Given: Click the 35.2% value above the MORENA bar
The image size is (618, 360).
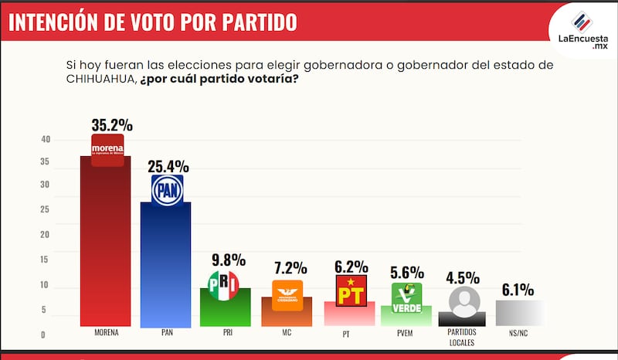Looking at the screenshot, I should point(111,124).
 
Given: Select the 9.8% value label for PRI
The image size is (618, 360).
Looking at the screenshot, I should point(228,260).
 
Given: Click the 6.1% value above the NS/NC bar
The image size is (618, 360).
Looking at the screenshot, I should point(518,290).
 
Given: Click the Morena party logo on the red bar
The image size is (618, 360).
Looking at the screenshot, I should point(107,149).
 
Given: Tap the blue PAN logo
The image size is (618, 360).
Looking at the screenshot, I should point(167,189).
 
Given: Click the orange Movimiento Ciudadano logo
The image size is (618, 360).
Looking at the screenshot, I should point(287,294).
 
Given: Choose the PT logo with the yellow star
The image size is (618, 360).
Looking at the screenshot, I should point(349,291).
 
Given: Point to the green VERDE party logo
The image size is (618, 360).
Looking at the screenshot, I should point(406,297).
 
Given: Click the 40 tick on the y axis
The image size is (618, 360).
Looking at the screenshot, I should point(46,140).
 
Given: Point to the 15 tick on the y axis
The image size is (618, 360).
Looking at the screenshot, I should point(46,259).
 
